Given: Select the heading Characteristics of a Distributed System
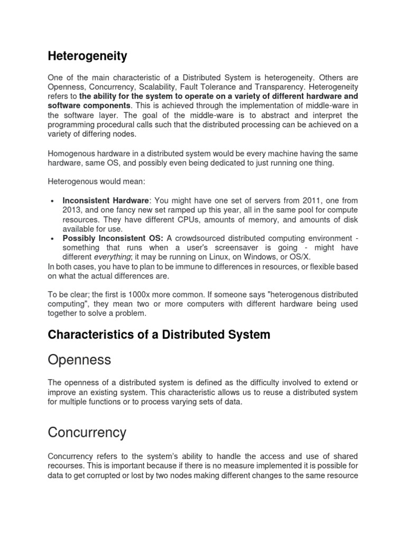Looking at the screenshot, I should click(159, 334).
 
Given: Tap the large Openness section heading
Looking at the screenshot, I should click(79, 360).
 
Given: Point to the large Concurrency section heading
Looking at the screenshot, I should click(87, 433).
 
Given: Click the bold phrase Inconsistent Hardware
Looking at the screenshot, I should click(106, 201).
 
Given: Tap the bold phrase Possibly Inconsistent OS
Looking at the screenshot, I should click(112, 238).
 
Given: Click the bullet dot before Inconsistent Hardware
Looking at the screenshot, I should click(52, 201).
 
